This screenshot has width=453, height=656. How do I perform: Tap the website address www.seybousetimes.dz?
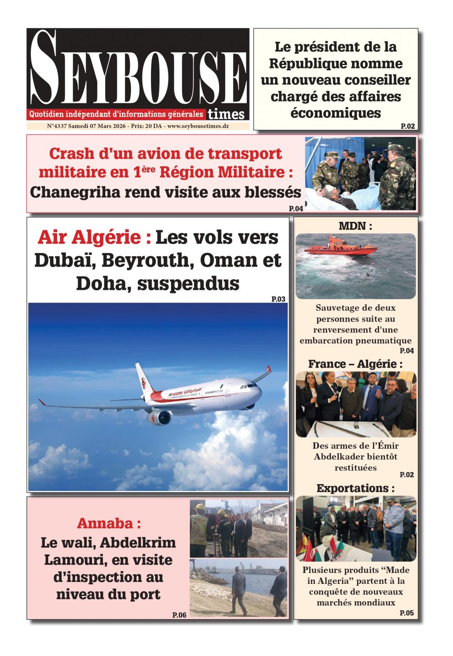198,126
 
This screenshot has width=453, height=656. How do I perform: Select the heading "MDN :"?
355,226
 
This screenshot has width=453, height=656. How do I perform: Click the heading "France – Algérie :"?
355,364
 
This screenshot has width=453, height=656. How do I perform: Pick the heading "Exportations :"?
355,488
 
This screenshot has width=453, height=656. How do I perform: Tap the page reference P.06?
179,615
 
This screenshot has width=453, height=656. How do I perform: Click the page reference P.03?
278,299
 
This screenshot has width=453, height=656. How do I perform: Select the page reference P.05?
407,613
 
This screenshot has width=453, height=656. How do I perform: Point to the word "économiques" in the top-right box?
336,113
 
